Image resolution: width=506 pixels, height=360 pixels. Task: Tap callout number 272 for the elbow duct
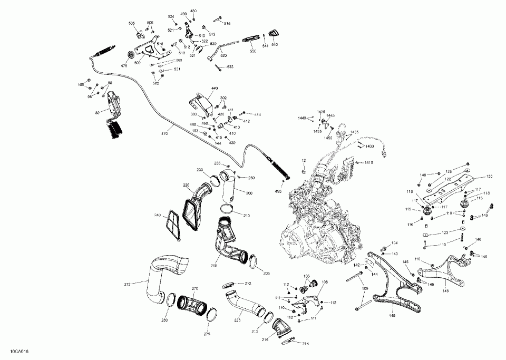click(x=127, y=285)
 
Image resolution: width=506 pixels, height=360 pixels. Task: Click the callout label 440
click(x=215, y=88)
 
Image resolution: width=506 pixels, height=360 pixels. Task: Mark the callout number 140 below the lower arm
click(x=392, y=316)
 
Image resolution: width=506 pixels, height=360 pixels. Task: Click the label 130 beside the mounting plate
click(x=489, y=176)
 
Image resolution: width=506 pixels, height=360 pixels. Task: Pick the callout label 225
click(x=237, y=319)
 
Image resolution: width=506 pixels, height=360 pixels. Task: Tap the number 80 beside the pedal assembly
click(x=97, y=112)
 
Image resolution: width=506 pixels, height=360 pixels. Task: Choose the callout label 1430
click(x=369, y=146)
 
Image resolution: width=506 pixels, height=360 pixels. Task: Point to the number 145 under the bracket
click(x=445, y=290)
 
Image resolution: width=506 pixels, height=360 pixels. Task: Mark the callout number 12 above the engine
click(x=304, y=160)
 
